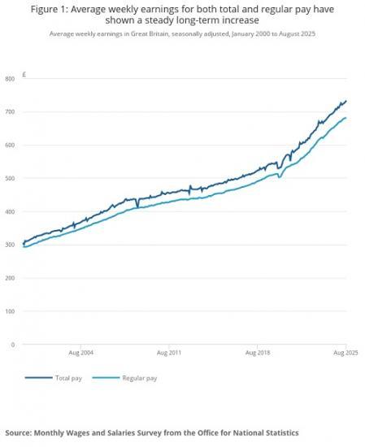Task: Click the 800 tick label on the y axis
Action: pos(10,79)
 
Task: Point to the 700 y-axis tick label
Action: pos(10,112)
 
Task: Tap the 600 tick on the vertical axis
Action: pos(10,145)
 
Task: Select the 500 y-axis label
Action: pos(10,179)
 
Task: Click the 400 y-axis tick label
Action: pos(10,212)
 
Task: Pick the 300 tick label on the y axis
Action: pos(10,245)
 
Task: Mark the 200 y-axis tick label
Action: pos(10,278)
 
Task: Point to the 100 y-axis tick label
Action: pos(10,311)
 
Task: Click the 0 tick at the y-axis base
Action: pos(13,345)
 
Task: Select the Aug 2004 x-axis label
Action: pos(80,354)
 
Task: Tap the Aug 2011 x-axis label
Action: pos(168,354)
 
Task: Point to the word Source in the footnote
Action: pos(22,432)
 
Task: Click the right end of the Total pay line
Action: pos(346,102)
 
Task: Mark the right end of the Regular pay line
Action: pos(346,118)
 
